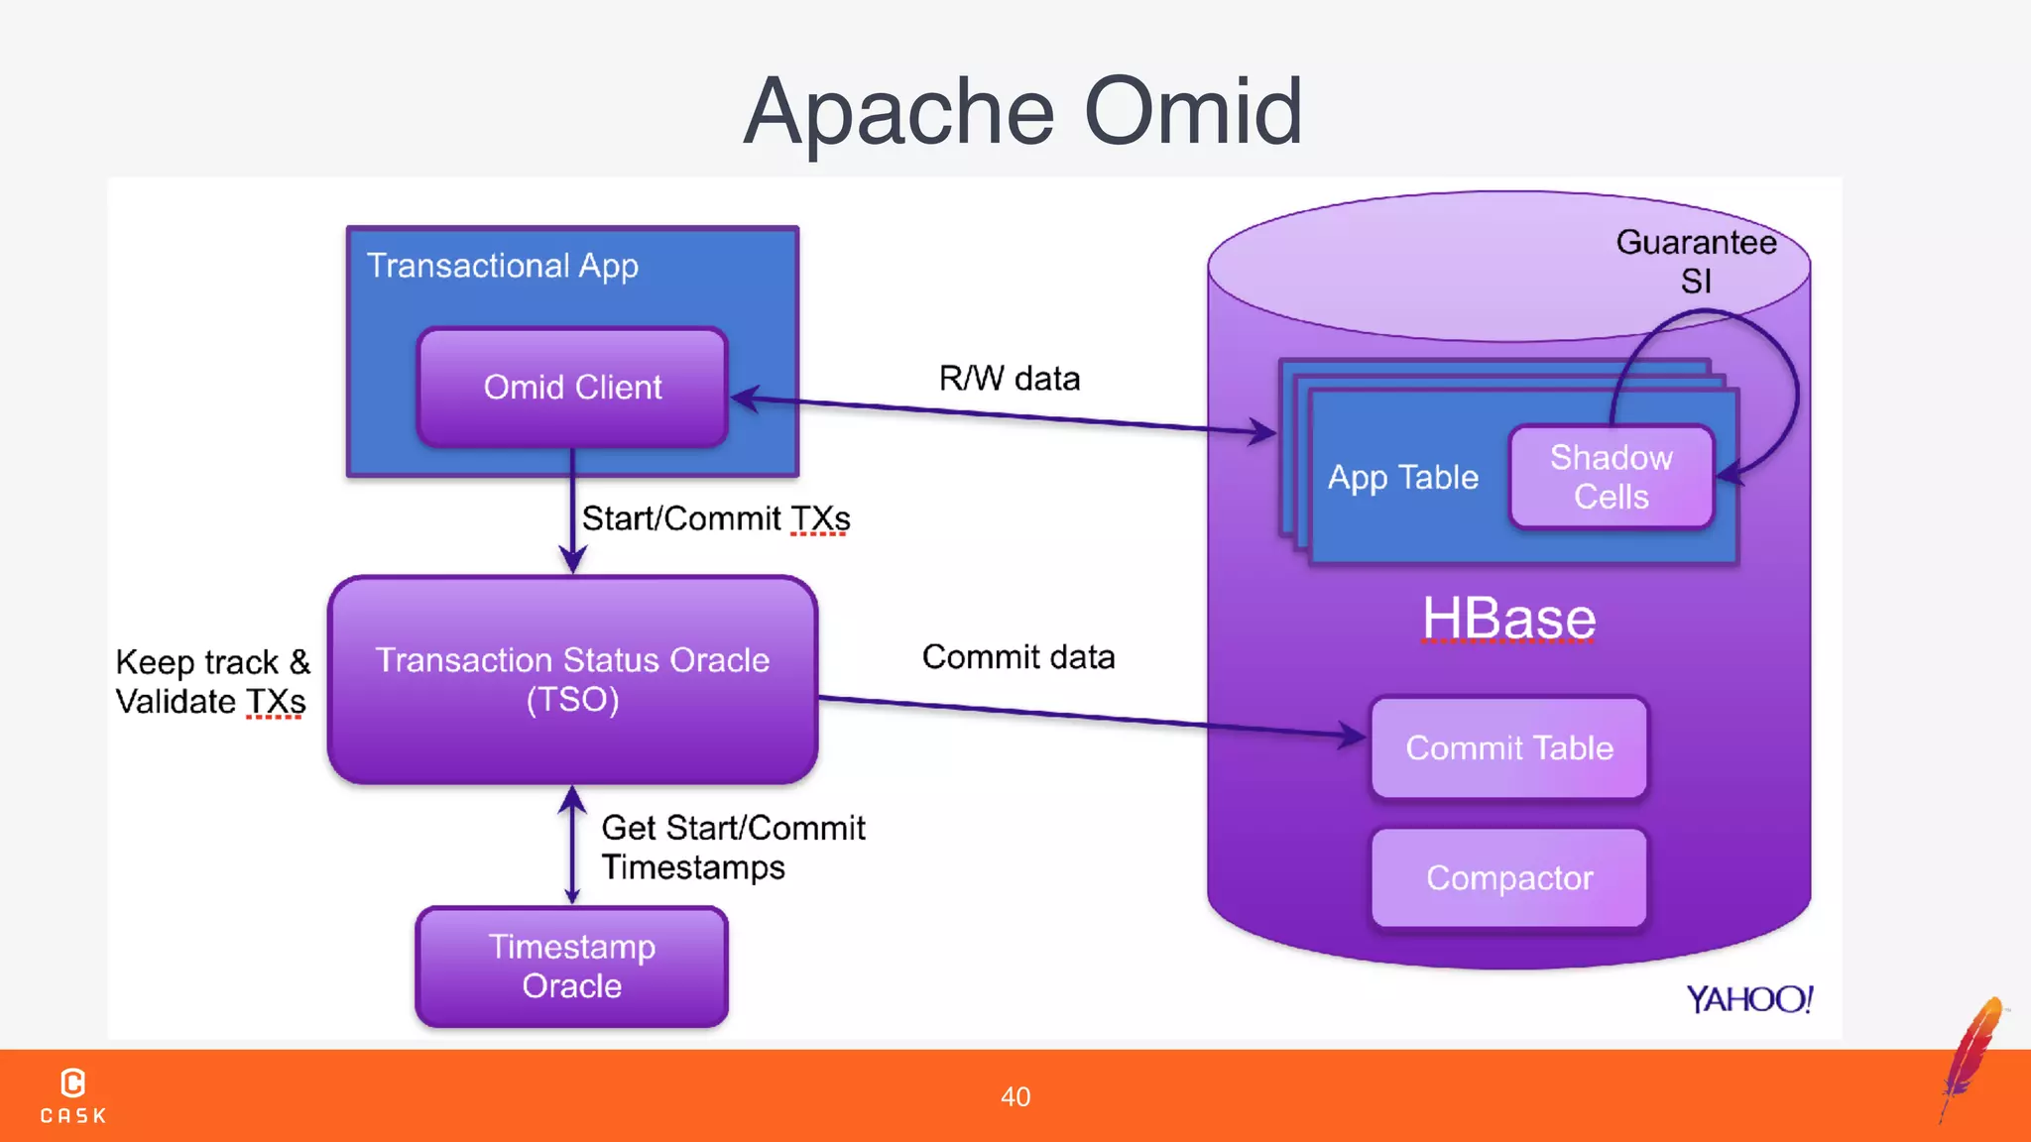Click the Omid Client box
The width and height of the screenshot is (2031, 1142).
(572, 387)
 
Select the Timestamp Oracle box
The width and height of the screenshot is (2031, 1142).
(571, 967)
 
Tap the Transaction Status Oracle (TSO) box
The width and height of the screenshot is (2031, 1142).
(572, 680)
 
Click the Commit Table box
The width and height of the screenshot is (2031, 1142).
(1508, 747)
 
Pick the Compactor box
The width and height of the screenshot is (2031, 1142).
(1508, 878)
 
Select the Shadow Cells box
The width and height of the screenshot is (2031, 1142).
(1611, 477)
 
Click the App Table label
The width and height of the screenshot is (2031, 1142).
(1402, 478)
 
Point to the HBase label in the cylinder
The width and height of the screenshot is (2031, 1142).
(1508, 619)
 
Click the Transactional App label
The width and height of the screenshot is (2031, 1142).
(502, 266)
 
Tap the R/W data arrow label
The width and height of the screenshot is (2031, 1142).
(1009, 379)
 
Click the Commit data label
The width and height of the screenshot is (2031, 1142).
(1017, 657)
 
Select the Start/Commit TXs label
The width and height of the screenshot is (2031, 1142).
(715, 518)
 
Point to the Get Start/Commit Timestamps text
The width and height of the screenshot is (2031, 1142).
(732, 848)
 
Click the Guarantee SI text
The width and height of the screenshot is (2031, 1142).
(1695, 262)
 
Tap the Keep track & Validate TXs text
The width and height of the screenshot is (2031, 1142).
(212, 682)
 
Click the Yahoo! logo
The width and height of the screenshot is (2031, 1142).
(1749, 999)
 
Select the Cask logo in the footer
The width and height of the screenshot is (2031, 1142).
(73, 1095)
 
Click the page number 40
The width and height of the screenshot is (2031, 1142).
(1015, 1096)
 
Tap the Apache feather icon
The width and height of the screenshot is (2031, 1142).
(1972, 1056)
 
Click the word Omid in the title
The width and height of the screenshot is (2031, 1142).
(1193, 111)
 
